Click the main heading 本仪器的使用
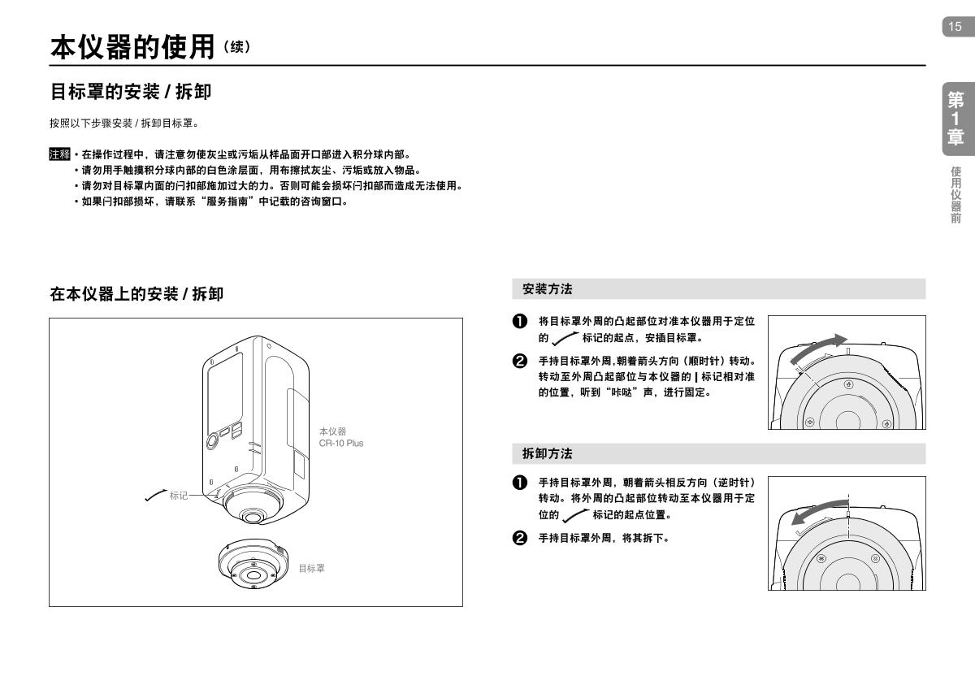click(134, 46)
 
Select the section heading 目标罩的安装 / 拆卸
click(131, 93)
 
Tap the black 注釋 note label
click(59, 154)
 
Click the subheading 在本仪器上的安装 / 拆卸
click(136, 294)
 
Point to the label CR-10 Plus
click(341, 443)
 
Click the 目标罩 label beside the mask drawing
click(311, 569)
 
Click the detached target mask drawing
click(254, 564)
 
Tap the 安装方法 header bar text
click(548, 288)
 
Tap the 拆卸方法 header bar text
click(548, 453)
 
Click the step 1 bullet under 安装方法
click(519, 322)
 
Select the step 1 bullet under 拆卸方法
click(519, 483)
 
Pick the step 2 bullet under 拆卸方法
click(519, 538)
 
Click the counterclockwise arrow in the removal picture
click(817, 518)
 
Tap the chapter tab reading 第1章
click(955, 119)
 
